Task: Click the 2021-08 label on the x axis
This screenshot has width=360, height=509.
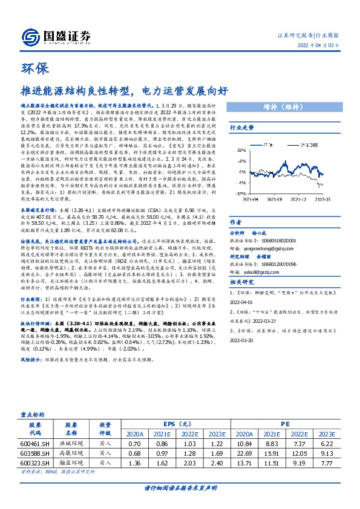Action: click(x=269, y=214)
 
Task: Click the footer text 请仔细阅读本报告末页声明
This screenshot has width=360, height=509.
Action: click(x=180, y=488)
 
